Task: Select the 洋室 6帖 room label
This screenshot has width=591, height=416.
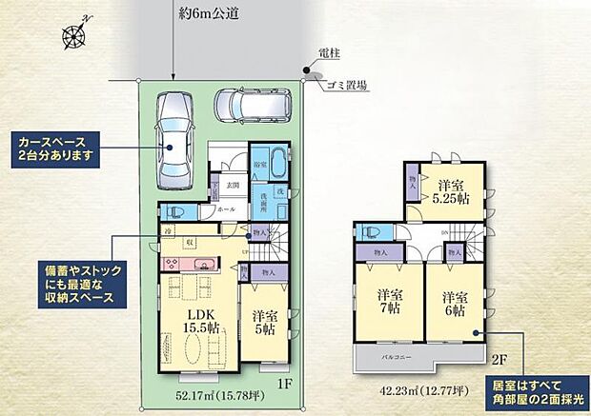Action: (454, 304)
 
